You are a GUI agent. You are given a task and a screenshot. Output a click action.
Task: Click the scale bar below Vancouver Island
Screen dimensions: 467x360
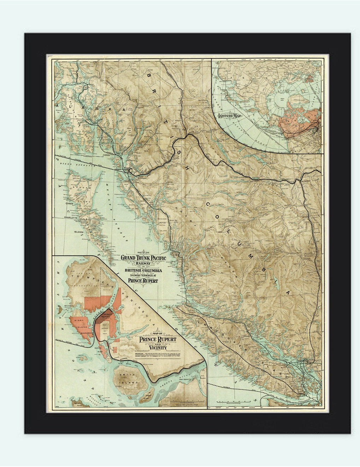[233, 401]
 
